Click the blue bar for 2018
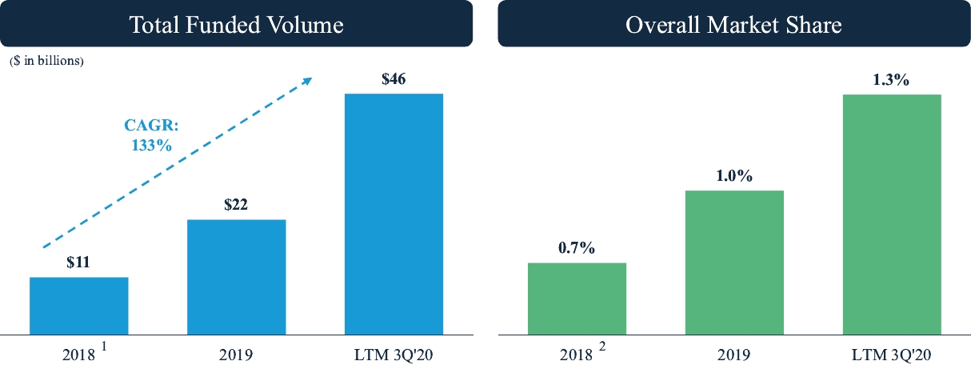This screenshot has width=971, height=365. (79, 305)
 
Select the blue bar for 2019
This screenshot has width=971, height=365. (236, 276)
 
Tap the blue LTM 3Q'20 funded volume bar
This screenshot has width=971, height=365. (394, 213)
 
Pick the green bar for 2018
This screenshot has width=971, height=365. (577, 298)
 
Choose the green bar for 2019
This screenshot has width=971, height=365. (734, 262)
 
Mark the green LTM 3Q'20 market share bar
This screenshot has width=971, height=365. (891, 213)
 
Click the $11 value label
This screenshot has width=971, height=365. (78, 262)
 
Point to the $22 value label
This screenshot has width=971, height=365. (236, 204)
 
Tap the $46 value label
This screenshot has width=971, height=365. (394, 79)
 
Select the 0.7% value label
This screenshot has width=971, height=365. (577, 247)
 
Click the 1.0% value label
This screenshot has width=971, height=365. (734, 175)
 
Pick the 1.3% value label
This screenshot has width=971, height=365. (891, 79)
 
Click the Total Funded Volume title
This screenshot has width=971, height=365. (237, 25)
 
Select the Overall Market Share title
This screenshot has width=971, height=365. (733, 25)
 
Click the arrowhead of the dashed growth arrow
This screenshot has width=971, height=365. (306, 80)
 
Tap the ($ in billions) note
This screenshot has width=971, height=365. (46, 61)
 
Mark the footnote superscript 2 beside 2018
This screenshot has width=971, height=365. (593, 348)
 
